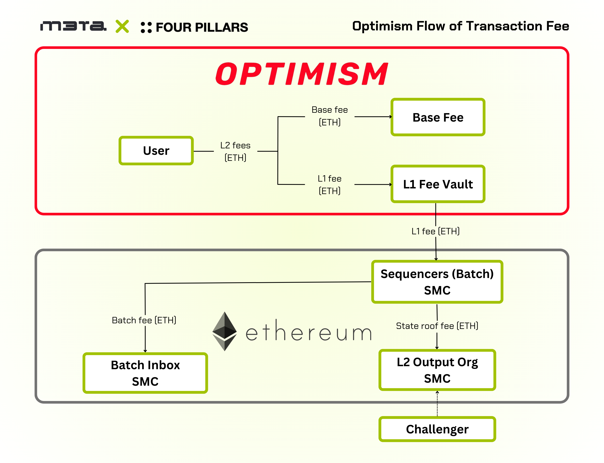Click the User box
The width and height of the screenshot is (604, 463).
point(156,151)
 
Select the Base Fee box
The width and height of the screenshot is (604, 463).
point(438,117)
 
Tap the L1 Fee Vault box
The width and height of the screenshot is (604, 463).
point(438,184)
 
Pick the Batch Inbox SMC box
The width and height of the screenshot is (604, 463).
point(145,373)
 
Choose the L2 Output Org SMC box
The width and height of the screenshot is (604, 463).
point(437,370)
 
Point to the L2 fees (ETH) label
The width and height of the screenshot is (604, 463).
point(235,151)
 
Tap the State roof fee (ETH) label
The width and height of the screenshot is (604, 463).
point(437,326)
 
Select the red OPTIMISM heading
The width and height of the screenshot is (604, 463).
point(302,74)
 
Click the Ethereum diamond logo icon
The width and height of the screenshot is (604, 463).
point(225,331)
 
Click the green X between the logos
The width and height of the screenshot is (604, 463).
point(122,26)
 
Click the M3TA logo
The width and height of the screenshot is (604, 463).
point(73,26)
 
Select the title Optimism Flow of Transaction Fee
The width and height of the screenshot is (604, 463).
point(461,26)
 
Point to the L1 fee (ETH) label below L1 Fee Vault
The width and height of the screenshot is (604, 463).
point(435,231)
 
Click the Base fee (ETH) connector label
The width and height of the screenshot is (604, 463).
point(330,116)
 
